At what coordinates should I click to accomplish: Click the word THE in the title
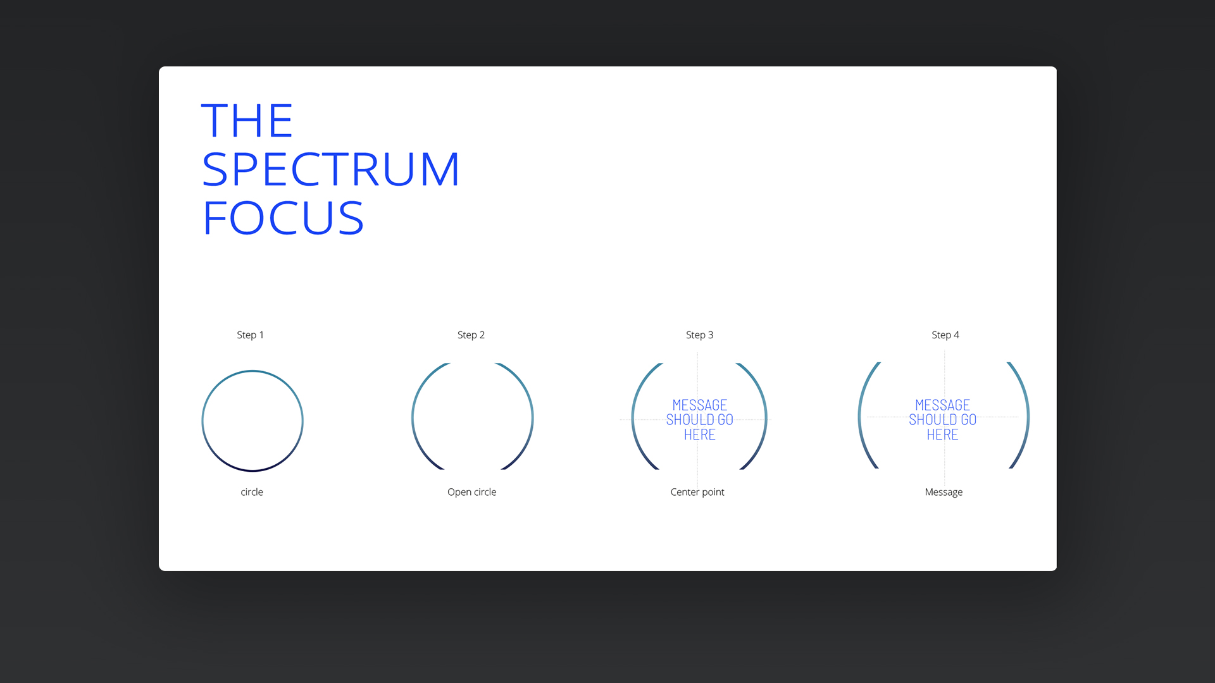(x=247, y=120)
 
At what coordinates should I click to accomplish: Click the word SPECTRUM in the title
(x=330, y=169)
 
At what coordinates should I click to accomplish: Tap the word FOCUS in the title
(x=283, y=218)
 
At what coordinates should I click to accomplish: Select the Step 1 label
(x=250, y=335)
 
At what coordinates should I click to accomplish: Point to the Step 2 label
(x=471, y=335)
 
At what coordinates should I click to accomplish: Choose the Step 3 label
(x=699, y=335)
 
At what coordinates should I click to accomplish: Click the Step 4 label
(x=945, y=335)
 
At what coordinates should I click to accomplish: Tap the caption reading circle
(x=252, y=492)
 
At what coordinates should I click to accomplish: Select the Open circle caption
(x=471, y=492)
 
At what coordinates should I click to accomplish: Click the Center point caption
(x=697, y=492)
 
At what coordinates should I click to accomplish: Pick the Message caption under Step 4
(x=944, y=492)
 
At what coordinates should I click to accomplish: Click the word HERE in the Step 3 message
(x=700, y=434)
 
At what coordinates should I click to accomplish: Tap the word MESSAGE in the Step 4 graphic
(x=943, y=405)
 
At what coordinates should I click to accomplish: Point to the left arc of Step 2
(x=413, y=417)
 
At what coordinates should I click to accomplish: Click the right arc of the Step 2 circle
(x=532, y=417)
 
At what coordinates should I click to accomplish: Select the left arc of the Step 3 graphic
(x=633, y=417)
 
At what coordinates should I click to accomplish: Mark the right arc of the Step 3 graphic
(x=766, y=417)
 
